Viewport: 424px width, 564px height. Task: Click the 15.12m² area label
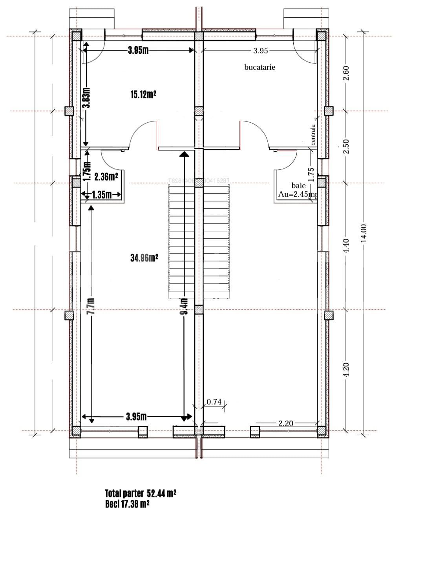(144, 94)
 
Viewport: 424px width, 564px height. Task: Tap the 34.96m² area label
(144, 258)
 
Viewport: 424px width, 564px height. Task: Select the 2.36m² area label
(106, 177)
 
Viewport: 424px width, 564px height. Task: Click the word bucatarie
(260, 67)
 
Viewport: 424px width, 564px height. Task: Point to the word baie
(298, 185)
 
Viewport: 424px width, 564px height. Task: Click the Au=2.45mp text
(297, 194)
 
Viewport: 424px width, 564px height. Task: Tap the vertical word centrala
(313, 135)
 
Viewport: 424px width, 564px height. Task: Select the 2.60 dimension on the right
(346, 73)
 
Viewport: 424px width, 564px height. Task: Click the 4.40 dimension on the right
(346, 245)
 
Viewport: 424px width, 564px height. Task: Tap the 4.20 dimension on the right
(346, 370)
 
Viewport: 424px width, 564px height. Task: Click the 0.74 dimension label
(214, 402)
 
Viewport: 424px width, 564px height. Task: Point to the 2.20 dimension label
(286, 423)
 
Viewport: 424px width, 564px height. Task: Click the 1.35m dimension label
(101, 195)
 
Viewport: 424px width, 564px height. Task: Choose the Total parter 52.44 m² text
(141, 493)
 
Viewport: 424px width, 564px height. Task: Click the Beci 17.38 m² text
(127, 504)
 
